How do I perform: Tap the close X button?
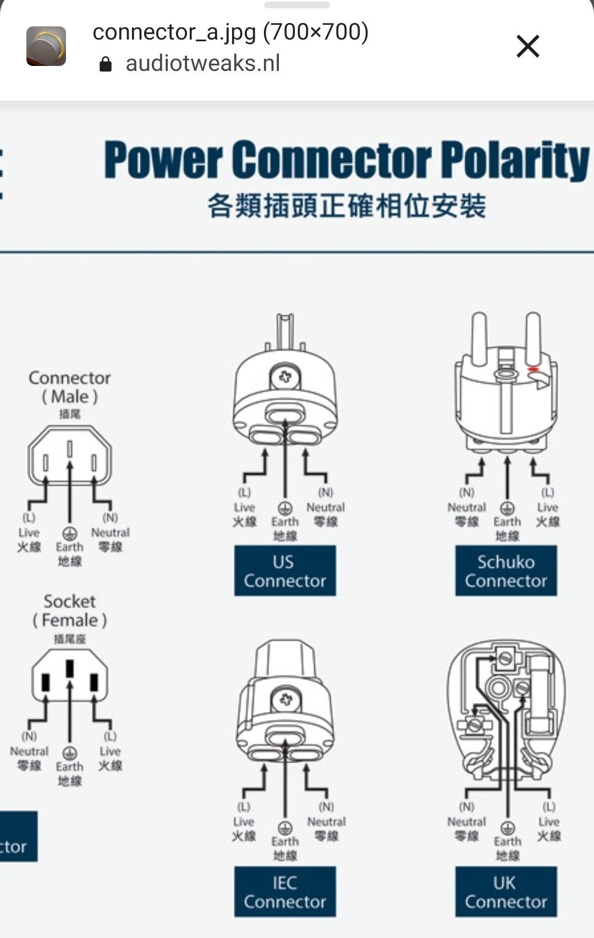tap(527, 46)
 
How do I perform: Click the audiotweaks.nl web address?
tap(203, 64)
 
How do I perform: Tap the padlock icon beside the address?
tap(105, 65)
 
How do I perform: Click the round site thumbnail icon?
tap(46, 46)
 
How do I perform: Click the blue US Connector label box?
tap(285, 571)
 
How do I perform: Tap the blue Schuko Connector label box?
tap(506, 571)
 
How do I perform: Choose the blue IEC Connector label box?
tap(285, 892)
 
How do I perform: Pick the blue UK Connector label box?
tap(506, 892)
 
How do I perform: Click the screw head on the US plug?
tap(285, 377)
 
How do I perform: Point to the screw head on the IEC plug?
tap(285, 700)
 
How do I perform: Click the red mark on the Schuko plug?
tap(532, 369)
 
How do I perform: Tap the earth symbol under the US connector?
tap(285, 507)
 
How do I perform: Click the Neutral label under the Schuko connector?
tap(466, 507)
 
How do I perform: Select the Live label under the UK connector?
tap(548, 822)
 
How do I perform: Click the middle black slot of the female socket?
tap(70, 669)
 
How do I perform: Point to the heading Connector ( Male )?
tap(70, 387)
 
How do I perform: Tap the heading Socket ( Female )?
tap(70, 610)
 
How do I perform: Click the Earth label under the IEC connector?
tap(285, 841)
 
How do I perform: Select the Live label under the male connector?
tap(29, 532)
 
